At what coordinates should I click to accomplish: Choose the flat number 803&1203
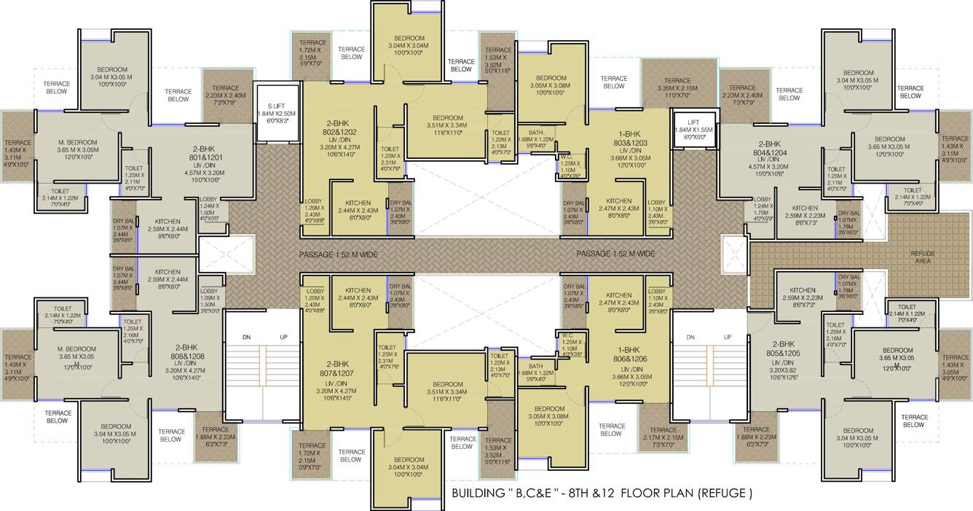pos(631,144)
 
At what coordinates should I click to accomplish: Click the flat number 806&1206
pos(631,359)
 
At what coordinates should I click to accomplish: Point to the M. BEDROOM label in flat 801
pos(77,141)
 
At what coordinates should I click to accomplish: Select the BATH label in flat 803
pos(535,133)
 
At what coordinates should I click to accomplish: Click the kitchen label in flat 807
pos(358,290)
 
